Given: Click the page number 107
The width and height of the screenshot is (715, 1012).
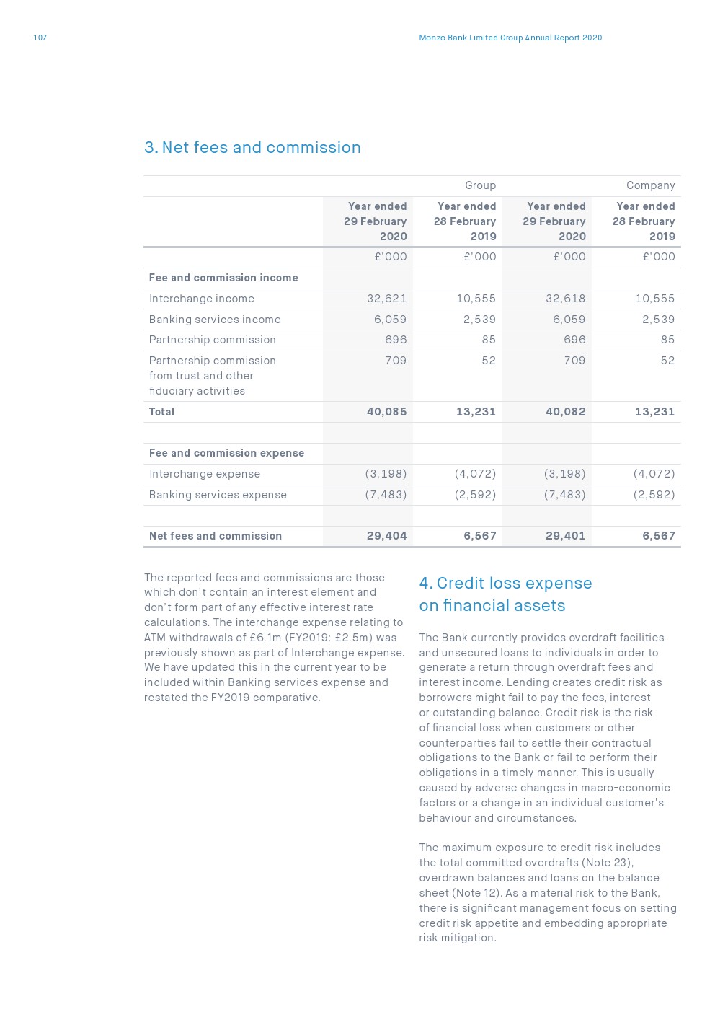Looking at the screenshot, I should coord(40,38).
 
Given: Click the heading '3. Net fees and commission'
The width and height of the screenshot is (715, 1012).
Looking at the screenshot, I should coord(252,148).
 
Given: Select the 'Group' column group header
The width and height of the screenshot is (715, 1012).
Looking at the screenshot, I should coord(480,185).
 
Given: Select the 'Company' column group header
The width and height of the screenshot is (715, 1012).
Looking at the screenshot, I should coord(650,185).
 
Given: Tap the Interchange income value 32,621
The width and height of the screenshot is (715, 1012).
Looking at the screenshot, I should coord(386,299).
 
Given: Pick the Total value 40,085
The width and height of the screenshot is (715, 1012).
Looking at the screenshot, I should coord(386,412).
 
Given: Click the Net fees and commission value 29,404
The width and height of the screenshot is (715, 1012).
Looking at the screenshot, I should coord(386,536).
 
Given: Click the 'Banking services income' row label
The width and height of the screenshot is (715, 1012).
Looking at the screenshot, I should coord(215,320).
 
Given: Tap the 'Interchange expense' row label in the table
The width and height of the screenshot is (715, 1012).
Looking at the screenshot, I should coord(205,474).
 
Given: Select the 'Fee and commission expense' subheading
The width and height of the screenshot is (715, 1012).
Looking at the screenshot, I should coord(226,453).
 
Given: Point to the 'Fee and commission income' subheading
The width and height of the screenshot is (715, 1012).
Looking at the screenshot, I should coord(223,278).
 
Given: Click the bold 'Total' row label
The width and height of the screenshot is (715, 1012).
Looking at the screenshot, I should coord(161,412).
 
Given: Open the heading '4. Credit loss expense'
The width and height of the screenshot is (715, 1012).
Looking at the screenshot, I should coord(505,584).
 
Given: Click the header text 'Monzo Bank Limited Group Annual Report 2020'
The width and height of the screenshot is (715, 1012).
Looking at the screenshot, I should coord(510,38).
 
